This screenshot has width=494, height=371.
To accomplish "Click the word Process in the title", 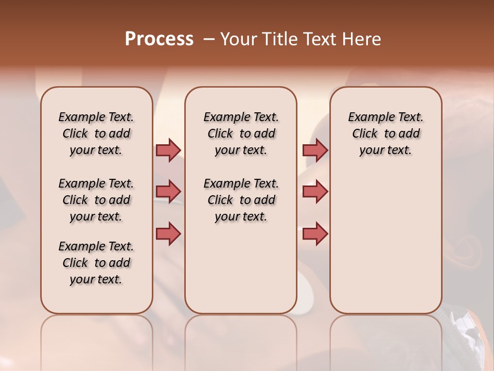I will point(159,39).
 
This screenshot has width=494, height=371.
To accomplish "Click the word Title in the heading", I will point(278,39).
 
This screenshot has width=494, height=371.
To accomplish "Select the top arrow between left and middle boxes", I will point(168,150).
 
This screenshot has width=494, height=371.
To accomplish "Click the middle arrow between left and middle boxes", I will point(168,192).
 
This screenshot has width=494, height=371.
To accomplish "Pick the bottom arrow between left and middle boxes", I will point(168,233).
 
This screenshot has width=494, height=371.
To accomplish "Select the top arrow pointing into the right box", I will point(315,150).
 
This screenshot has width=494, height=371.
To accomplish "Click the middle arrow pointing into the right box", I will point(315,192).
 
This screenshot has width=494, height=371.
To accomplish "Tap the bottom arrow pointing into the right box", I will point(315,233).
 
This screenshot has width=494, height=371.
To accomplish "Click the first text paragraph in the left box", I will point(96,133).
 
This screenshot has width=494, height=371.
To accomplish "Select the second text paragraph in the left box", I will point(96,200).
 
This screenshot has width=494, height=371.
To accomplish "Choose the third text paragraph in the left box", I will point(96,263).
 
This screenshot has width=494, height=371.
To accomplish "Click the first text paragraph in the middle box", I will point(241,133).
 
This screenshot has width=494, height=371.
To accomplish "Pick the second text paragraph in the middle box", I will point(241,200).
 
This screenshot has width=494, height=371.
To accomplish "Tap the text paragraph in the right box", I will point(385,133).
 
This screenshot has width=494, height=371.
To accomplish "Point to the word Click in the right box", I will point(365,134).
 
